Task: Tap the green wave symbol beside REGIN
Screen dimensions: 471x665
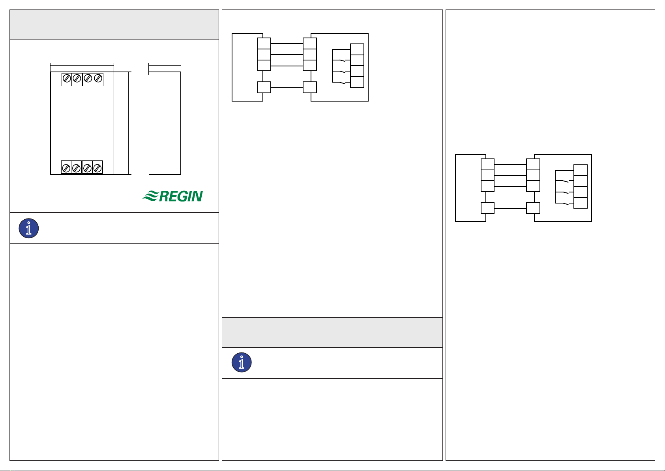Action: click(150, 196)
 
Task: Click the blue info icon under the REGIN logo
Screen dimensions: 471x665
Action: click(29, 228)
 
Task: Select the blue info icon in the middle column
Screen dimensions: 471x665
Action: click(242, 362)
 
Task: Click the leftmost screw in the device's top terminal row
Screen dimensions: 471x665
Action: click(67, 79)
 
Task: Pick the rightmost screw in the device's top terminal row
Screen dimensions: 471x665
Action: click(98, 79)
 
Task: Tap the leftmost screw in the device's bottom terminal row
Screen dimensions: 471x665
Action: click(66, 168)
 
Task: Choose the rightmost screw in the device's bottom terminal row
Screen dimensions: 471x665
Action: click(97, 168)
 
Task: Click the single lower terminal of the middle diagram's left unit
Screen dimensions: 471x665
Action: click(264, 87)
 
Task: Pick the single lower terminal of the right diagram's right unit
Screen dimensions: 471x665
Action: click(533, 208)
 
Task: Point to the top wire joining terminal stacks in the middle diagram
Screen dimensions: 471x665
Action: click(287, 43)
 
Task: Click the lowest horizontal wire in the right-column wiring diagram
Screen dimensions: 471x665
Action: click(510, 208)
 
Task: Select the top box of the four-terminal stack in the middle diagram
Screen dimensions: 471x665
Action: click(357, 49)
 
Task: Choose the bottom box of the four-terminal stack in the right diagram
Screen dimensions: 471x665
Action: click(581, 203)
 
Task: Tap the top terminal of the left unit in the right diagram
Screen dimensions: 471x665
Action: click(488, 164)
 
